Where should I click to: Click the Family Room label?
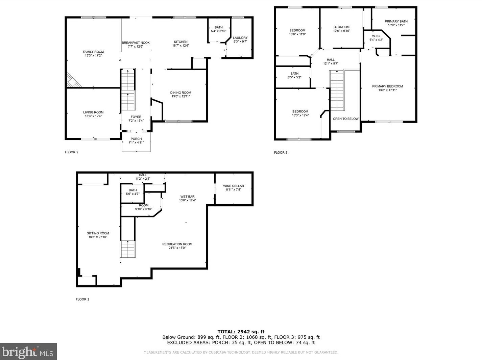click(93, 52)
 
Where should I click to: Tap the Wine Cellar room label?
click(234, 186)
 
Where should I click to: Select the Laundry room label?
click(240, 38)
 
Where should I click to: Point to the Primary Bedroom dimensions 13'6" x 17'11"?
click(387, 90)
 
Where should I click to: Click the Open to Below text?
click(346, 119)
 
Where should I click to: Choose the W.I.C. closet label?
click(376, 36)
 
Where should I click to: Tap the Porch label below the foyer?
click(136, 139)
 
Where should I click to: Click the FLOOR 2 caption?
click(72, 152)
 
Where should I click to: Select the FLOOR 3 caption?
click(281, 152)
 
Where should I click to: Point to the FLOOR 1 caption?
click(82, 299)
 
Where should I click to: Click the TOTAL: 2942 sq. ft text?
click(241, 332)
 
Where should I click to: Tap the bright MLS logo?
click(28, 352)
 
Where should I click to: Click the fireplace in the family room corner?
click(74, 80)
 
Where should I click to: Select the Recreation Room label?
click(177, 244)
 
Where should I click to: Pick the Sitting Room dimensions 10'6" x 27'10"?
click(98, 237)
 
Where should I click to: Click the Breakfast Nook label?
click(136, 43)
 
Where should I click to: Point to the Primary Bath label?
click(396, 21)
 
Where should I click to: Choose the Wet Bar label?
click(187, 197)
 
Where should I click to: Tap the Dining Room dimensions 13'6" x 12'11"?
click(180, 96)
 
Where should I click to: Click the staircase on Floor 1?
click(127, 249)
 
